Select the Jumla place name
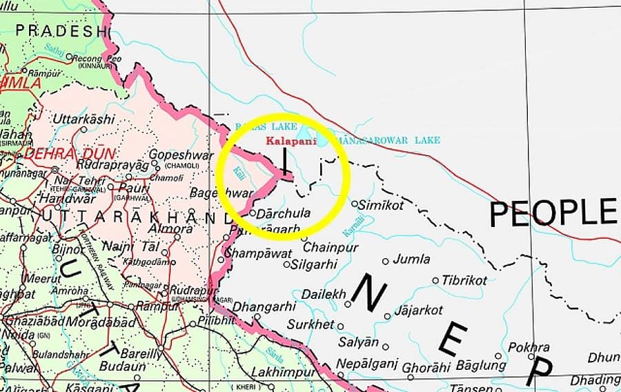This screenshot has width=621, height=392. tap(411, 259)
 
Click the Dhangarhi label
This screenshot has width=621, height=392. tap(264, 306)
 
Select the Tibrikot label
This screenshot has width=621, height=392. tap(464, 280)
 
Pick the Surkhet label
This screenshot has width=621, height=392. tap(310, 324)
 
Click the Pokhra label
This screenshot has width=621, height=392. tap(529, 347)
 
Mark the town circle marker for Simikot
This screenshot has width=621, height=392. tap(355, 204)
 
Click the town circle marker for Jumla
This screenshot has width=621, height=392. tap(386, 262)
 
